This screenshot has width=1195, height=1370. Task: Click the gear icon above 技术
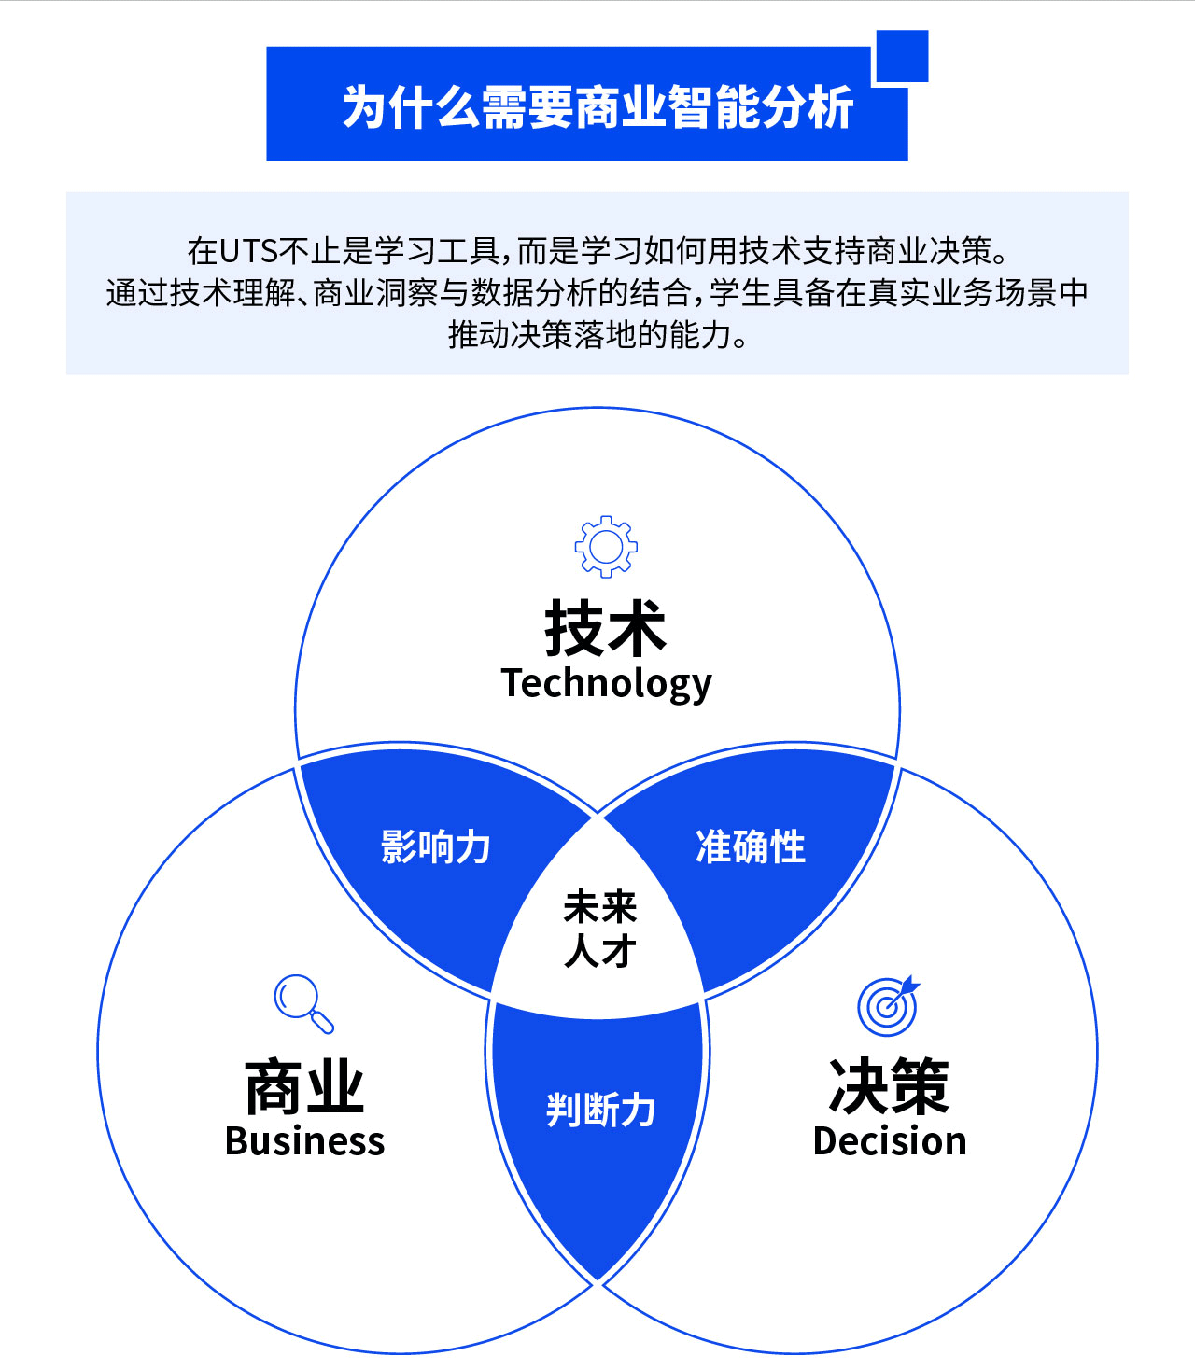click(x=606, y=546)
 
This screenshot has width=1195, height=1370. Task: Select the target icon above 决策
click(x=887, y=1007)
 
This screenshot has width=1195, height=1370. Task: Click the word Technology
click(x=606, y=684)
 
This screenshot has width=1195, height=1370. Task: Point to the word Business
click(x=304, y=1141)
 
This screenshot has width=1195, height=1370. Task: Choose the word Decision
click(x=890, y=1141)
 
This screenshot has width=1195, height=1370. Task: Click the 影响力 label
click(x=435, y=846)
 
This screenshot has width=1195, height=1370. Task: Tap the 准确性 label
click(x=751, y=846)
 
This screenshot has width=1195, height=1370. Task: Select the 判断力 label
click(x=600, y=1111)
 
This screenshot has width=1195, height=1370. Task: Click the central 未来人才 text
click(x=599, y=929)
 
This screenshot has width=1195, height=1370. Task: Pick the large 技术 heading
click(x=605, y=628)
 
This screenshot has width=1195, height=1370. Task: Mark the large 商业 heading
click(x=304, y=1087)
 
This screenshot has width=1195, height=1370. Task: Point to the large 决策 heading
click(x=889, y=1087)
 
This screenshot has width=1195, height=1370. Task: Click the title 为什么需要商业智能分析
click(x=597, y=106)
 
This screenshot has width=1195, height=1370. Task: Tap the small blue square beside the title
click(x=902, y=56)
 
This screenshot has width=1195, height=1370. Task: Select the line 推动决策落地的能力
click(x=597, y=334)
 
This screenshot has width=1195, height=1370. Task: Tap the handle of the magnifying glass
click(x=321, y=1023)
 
